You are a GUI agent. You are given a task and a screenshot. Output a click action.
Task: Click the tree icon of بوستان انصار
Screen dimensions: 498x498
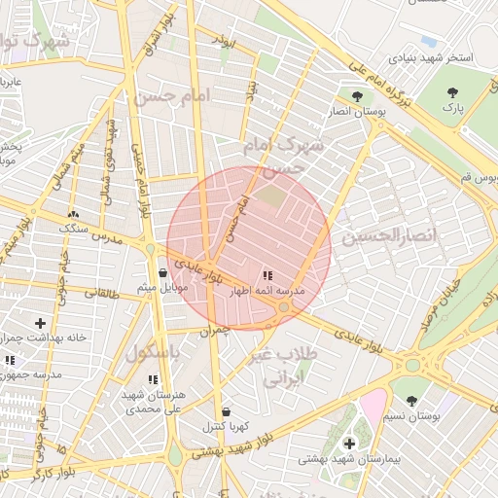coord(359,96)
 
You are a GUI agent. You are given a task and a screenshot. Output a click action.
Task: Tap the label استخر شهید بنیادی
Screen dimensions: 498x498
coord(432,58)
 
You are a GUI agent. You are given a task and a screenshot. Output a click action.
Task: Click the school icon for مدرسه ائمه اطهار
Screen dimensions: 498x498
coord(267,275)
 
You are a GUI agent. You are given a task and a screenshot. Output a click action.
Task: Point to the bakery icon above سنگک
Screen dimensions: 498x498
coord(73,213)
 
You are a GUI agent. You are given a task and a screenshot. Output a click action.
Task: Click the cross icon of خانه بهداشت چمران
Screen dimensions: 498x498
coord(40,322)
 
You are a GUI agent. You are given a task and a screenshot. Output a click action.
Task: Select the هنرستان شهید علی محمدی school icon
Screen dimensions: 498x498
coord(152,379)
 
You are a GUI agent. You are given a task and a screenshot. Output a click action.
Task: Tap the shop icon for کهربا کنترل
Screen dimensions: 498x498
coord(226,411)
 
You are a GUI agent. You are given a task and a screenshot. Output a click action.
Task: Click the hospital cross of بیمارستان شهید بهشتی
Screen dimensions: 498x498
coord(349,444)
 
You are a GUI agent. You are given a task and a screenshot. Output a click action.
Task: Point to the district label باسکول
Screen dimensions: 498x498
coord(153,352)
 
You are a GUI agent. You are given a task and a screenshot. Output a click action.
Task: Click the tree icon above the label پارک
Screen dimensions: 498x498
coord(451,92)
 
